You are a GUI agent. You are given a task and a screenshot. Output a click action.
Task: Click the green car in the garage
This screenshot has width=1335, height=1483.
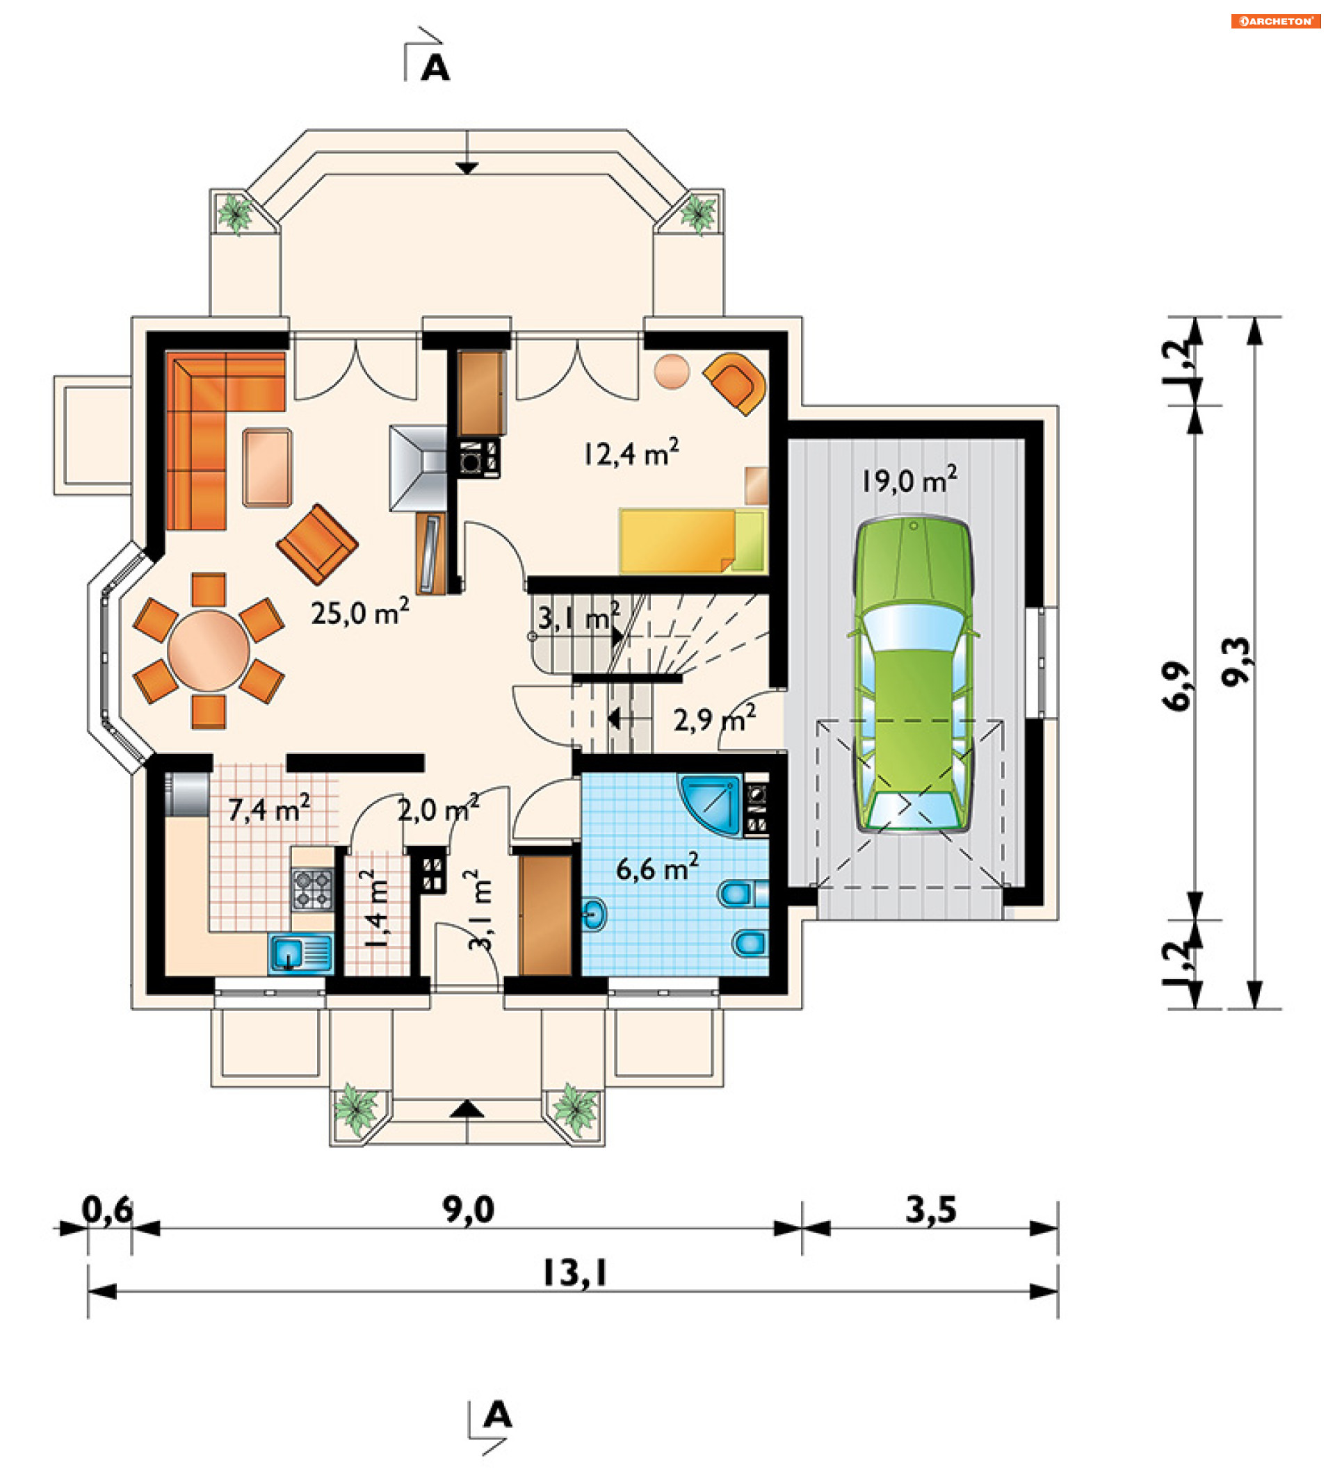pyautogui.click(x=913, y=673)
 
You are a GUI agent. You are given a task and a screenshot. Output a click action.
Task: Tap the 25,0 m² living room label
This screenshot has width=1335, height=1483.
pyautogui.click(x=359, y=612)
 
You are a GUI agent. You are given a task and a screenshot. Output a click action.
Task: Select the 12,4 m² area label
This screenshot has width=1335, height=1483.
pyautogui.click(x=631, y=452)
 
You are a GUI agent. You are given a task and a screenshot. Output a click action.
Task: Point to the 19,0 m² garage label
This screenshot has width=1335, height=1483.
pyautogui.click(x=909, y=480)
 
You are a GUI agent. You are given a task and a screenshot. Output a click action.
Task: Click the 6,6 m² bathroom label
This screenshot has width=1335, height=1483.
pyautogui.click(x=657, y=868)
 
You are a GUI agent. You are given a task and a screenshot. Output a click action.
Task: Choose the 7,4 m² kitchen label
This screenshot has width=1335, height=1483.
pyautogui.click(x=268, y=809)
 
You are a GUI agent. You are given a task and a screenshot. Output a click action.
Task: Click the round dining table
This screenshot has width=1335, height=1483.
pyautogui.click(x=209, y=650)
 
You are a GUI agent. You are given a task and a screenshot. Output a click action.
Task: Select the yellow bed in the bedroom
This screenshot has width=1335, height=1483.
pyautogui.click(x=693, y=541)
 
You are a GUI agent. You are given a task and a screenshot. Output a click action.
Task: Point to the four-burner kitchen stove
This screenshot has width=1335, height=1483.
pyautogui.click(x=313, y=889)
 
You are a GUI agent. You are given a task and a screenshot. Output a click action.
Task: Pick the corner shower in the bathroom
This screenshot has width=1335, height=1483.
pyautogui.click(x=712, y=803)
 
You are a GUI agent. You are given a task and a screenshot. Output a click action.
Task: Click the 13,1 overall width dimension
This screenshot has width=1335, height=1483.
pyautogui.click(x=574, y=1273)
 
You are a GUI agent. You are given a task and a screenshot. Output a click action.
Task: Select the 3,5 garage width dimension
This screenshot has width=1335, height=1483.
pyautogui.click(x=931, y=1210)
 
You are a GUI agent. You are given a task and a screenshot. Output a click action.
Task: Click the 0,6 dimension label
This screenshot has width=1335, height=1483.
pyautogui.click(x=107, y=1210)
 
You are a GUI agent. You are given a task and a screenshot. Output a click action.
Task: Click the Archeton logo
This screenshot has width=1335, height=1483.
pyautogui.click(x=1276, y=22)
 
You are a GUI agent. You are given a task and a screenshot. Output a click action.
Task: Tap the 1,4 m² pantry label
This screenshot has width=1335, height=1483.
pyautogui.click(x=376, y=908)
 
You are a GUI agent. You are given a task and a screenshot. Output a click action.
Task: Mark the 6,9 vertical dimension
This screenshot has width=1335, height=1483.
pyautogui.click(x=1178, y=686)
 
